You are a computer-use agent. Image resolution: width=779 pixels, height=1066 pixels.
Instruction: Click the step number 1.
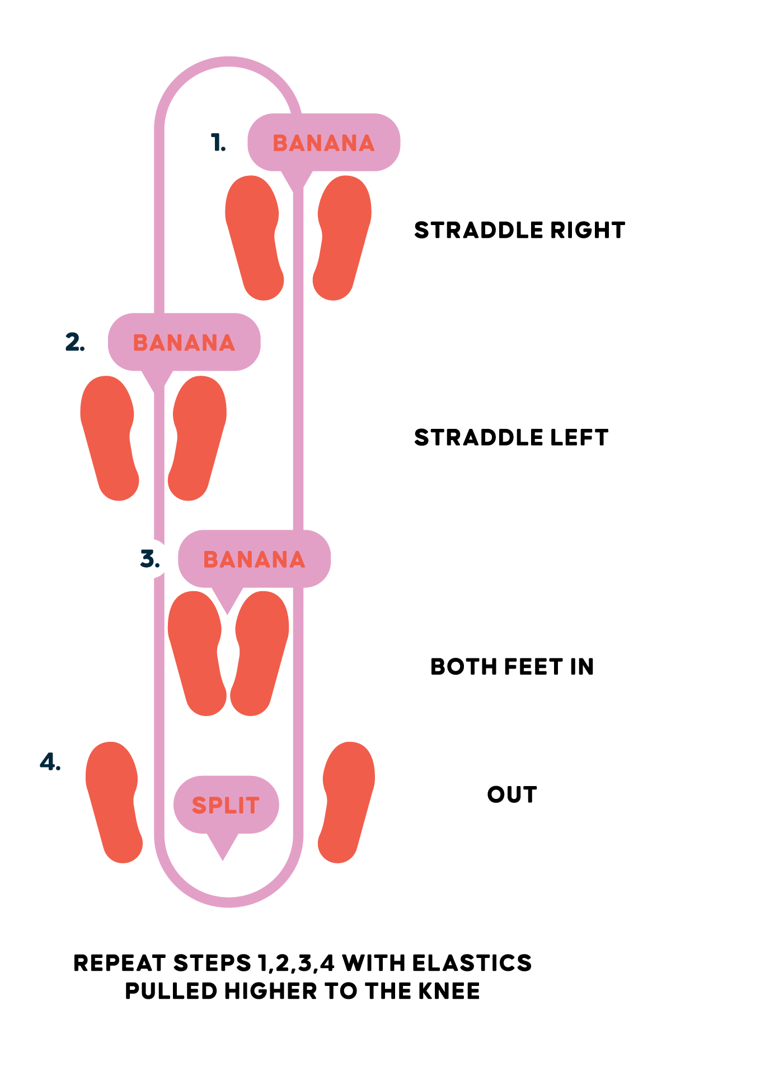218,143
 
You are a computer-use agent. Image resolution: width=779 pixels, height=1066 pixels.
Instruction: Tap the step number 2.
75,342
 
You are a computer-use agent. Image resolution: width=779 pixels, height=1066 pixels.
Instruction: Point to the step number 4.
50,762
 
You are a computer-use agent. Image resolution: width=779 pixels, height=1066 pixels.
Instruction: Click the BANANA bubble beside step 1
323,143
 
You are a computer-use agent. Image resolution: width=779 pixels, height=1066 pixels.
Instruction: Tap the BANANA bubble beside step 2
184,342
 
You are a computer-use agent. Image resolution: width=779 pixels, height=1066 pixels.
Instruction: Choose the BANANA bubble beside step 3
254,559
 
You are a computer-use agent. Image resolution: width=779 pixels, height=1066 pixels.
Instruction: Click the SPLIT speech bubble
226,805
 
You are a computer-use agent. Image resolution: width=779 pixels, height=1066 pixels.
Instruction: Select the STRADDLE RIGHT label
519,230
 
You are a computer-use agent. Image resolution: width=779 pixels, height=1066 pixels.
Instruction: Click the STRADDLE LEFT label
511,437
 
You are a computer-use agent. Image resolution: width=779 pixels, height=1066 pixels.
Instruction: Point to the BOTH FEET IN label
512,666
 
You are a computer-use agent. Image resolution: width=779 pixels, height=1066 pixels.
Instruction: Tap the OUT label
512,794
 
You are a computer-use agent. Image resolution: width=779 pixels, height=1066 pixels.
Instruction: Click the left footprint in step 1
254,238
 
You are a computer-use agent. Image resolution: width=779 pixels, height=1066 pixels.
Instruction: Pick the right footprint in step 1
341,238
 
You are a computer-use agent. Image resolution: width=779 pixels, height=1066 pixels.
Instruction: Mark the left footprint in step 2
109,438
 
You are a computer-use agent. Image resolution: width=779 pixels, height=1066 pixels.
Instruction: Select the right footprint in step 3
260,653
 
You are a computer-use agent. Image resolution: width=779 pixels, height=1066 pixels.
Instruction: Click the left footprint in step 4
114,802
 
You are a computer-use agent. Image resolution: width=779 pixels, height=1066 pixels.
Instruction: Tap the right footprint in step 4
347,802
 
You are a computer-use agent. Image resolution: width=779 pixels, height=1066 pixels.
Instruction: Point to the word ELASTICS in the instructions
472,963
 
